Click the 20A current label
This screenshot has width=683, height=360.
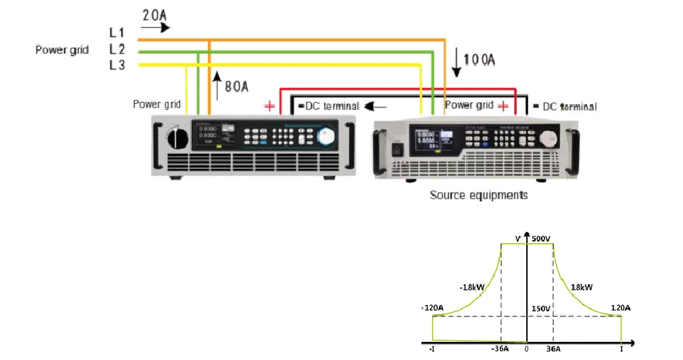point(154,14)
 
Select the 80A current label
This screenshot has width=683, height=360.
point(236,86)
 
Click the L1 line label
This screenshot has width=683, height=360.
point(117,33)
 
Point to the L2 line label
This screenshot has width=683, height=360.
point(117,49)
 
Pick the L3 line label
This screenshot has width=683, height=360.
point(117,65)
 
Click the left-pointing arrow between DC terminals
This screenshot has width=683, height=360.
point(378,107)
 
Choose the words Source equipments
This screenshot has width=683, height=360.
point(479,195)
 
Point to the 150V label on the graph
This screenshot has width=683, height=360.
point(541,309)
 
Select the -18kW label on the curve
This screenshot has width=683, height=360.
point(471,288)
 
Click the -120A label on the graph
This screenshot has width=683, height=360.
point(432,309)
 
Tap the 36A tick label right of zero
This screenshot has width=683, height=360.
point(553,350)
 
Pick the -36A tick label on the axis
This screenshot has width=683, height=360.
point(500,350)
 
